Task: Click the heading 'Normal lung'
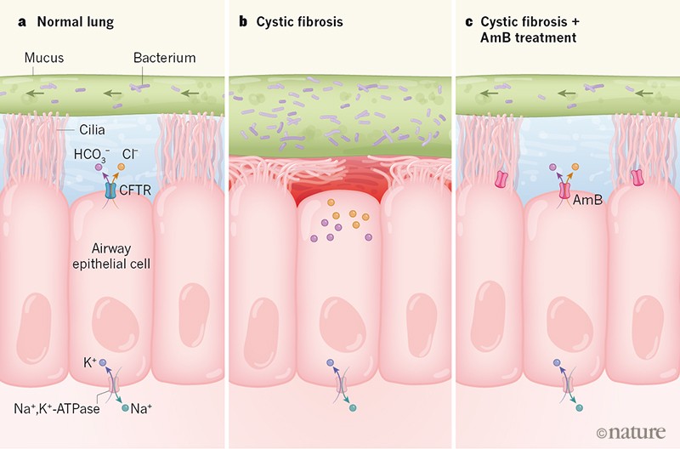[x=60, y=20]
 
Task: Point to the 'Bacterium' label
[x=165, y=58]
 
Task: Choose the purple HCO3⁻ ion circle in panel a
[x=99, y=168]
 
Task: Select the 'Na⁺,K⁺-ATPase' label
[x=58, y=409]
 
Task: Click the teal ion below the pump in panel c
[x=580, y=408]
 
